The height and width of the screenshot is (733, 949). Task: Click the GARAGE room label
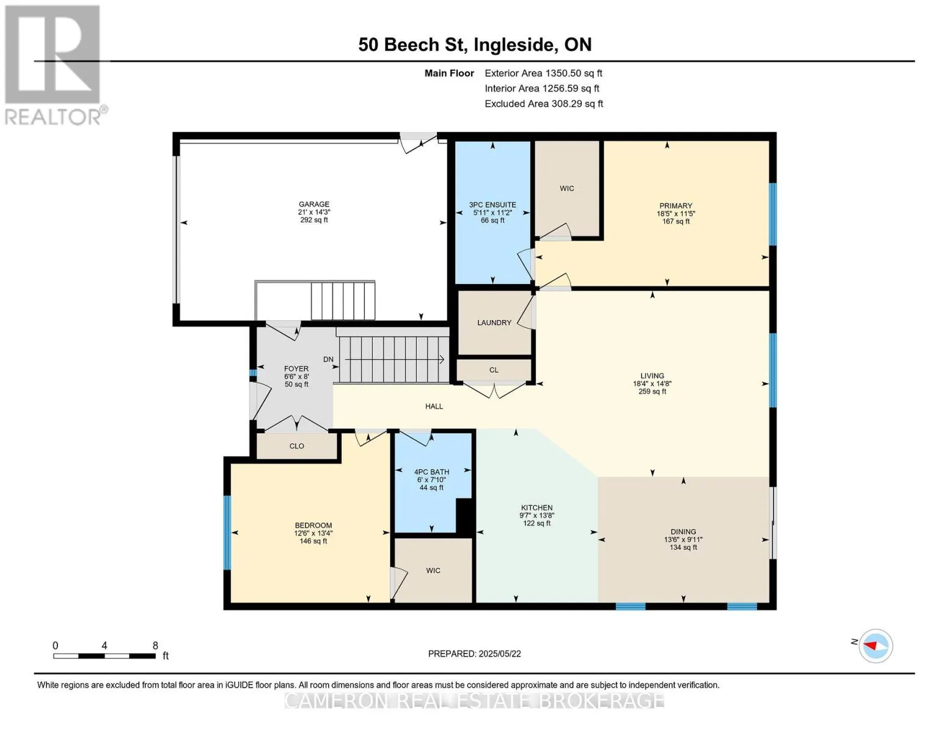point(314,204)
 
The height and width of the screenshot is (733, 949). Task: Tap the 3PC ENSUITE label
point(493,205)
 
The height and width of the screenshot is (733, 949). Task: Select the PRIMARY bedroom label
point(676,206)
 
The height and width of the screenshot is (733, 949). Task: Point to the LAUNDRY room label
point(494,323)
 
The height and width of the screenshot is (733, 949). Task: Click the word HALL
point(434,406)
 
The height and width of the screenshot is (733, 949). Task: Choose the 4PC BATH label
point(431,472)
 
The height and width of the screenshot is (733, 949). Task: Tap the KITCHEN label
point(537,508)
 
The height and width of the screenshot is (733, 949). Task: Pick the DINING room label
point(683,532)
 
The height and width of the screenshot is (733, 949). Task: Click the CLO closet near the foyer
point(296,446)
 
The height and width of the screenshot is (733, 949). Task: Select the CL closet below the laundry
point(494,370)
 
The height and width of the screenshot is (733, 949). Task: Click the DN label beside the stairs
point(328,359)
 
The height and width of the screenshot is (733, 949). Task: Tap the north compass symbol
point(875,646)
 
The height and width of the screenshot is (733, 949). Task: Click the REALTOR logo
point(54,65)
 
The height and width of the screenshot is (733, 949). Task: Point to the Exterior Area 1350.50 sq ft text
point(543,73)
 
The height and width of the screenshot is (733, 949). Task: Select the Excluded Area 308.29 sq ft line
point(544,104)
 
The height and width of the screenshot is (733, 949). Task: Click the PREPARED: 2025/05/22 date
point(474,654)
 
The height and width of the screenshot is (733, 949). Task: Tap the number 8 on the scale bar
point(155,646)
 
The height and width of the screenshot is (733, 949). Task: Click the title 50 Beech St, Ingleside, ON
point(475,45)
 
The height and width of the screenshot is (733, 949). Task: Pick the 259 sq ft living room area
point(652,392)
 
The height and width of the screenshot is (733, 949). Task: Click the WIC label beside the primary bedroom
point(567,189)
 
